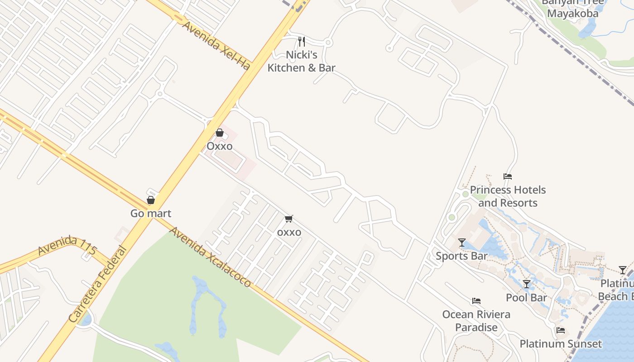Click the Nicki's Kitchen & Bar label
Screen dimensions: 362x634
(301, 62)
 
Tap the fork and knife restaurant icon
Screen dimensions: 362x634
(302, 42)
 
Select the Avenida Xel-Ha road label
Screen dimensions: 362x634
(216, 45)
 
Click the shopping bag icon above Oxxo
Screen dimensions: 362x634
(220, 133)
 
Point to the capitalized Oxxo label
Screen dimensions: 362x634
(220, 146)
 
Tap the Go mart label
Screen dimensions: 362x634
(151, 213)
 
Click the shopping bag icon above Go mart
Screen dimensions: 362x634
(151, 200)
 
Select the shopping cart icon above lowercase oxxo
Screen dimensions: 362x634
(289, 219)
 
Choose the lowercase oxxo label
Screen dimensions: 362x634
(289, 232)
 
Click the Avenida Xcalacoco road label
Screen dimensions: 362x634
(210, 257)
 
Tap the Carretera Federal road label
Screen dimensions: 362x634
(97, 284)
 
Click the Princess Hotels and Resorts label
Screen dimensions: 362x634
(508, 196)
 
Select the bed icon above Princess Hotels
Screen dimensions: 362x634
(508, 176)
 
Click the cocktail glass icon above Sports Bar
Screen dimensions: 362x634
(462, 243)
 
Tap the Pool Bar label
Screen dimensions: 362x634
(526, 298)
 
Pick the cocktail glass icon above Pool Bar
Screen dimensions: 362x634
(526, 284)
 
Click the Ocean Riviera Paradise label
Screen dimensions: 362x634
(476, 321)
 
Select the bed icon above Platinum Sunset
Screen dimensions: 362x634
(561, 330)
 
